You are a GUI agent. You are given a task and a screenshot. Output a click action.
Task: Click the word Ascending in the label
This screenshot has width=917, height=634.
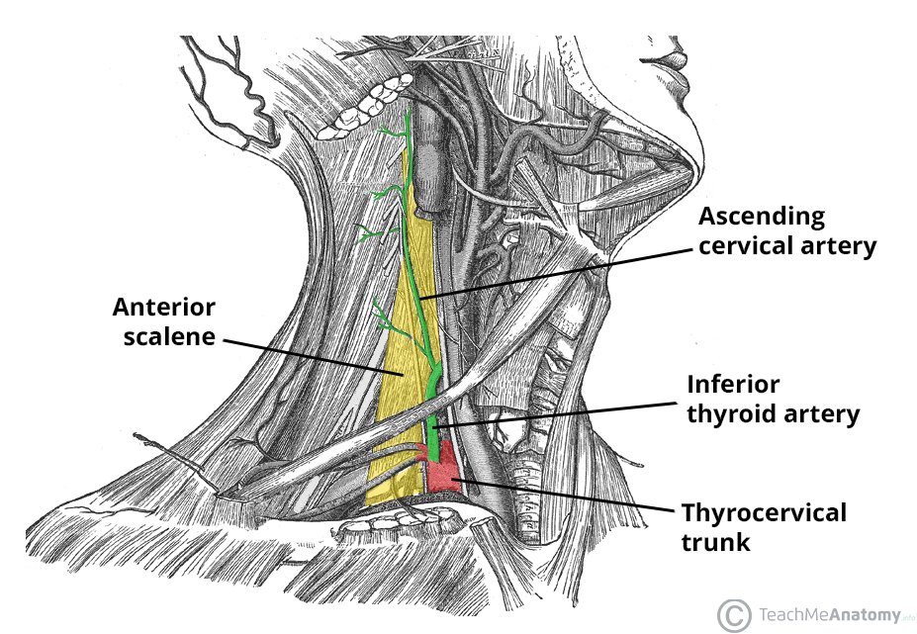pyautogui.click(x=762, y=216)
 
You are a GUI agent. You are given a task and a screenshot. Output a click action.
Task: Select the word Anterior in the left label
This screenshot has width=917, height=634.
pyautogui.click(x=163, y=307)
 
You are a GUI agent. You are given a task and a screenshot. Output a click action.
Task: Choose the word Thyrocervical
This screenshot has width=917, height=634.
pyautogui.click(x=763, y=513)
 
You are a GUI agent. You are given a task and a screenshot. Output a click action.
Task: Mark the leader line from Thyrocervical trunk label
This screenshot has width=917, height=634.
pyautogui.click(x=564, y=495)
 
